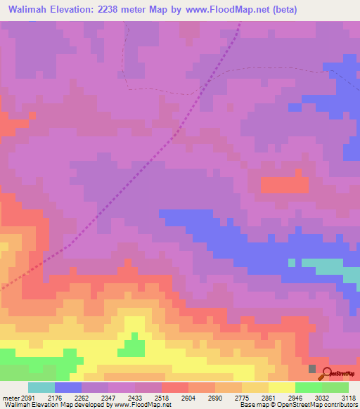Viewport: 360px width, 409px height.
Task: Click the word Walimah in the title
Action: pyautogui.click(x=32, y=10)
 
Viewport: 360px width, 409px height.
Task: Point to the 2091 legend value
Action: pyautogui.click(x=22, y=398)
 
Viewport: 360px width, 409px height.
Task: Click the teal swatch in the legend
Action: pyautogui.click(x=41, y=387)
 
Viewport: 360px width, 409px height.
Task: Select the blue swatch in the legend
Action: pyautogui.click(x=67, y=387)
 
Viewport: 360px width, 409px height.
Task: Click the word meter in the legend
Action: pyautogui.click(x=8, y=398)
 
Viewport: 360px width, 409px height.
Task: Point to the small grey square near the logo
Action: pyautogui.click(x=313, y=369)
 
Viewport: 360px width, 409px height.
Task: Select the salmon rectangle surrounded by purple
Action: pyautogui.click(x=285, y=185)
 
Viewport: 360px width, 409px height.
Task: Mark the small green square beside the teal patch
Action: pyautogui.click(x=291, y=262)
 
